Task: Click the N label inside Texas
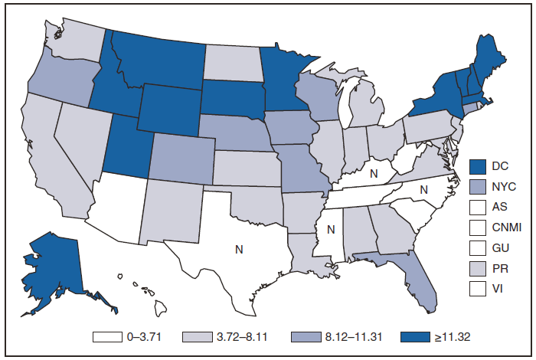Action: point(239,249)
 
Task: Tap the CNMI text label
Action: point(506,227)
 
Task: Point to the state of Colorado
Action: point(177,157)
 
